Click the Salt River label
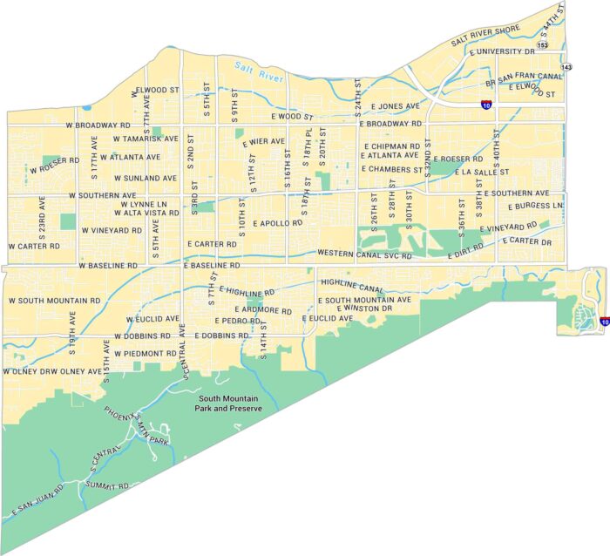click(x=260, y=71)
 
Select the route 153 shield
click(x=543, y=44)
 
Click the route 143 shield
click(x=566, y=66)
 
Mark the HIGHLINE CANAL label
click(x=352, y=285)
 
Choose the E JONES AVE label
click(x=395, y=106)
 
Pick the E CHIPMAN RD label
click(x=392, y=146)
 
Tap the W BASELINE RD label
click(x=108, y=265)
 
